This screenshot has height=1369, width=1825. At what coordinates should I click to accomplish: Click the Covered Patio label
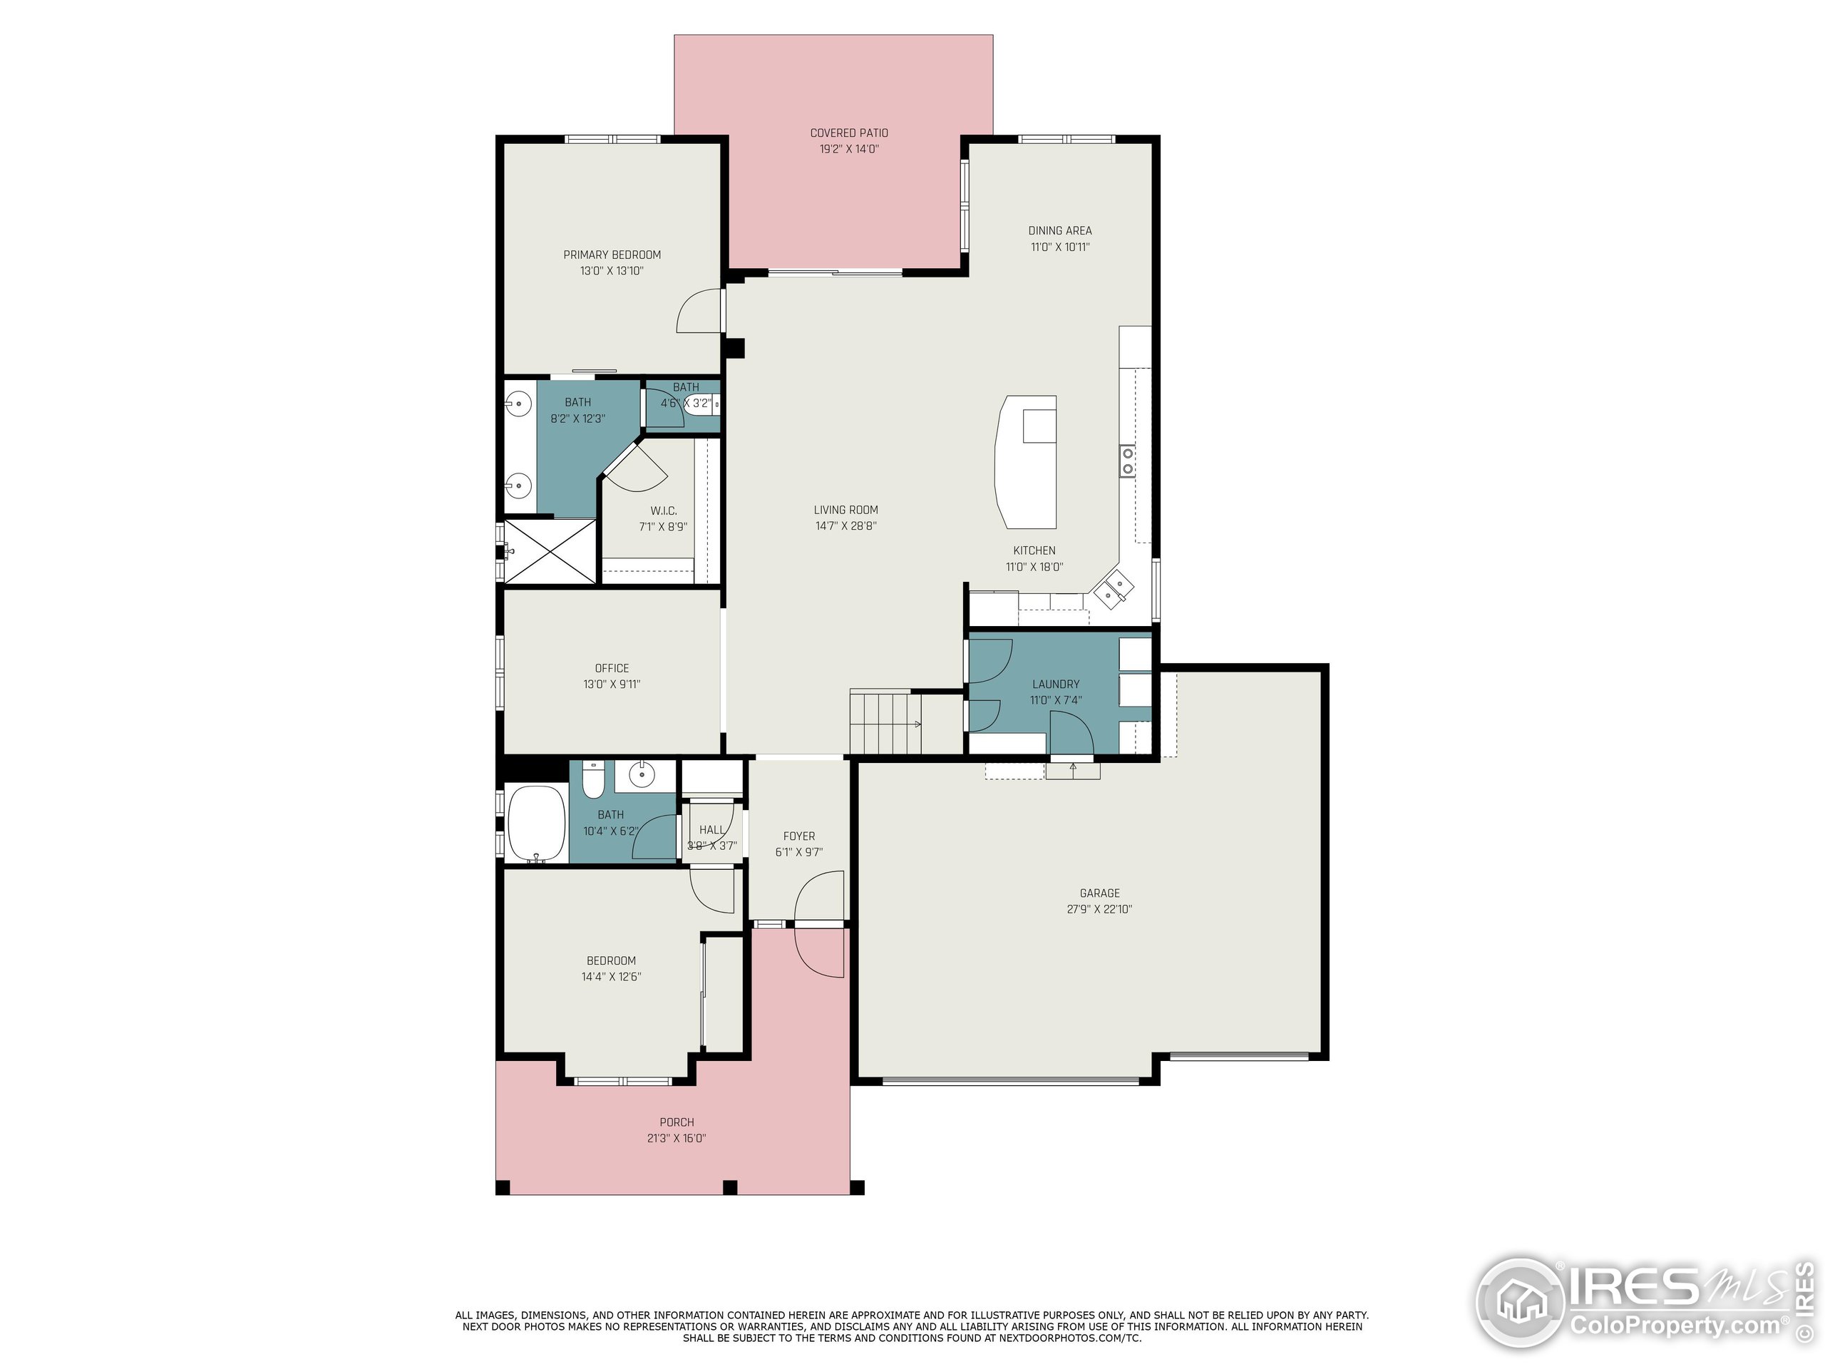click(848, 133)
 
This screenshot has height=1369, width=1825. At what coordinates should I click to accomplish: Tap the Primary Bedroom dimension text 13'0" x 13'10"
click(612, 271)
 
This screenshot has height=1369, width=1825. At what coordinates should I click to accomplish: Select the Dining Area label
click(1059, 230)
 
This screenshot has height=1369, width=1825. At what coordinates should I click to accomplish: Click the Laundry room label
click(1055, 684)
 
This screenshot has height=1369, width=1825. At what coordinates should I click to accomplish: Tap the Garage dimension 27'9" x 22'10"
click(1099, 909)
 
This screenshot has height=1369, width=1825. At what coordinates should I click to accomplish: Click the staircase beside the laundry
click(885, 723)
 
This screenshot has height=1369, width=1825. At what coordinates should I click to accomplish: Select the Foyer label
click(798, 836)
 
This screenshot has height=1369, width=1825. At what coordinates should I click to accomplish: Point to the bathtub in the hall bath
click(535, 823)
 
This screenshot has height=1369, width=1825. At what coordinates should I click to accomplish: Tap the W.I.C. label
click(662, 511)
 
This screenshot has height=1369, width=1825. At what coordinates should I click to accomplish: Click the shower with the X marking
click(549, 550)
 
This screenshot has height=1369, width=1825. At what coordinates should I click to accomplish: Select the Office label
click(612, 667)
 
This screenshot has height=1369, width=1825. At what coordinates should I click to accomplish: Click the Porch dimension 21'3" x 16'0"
click(676, 1138)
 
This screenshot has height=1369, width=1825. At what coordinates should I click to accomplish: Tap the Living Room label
click(845, 510)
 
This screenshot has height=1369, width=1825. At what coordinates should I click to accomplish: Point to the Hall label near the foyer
click(711, 830)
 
